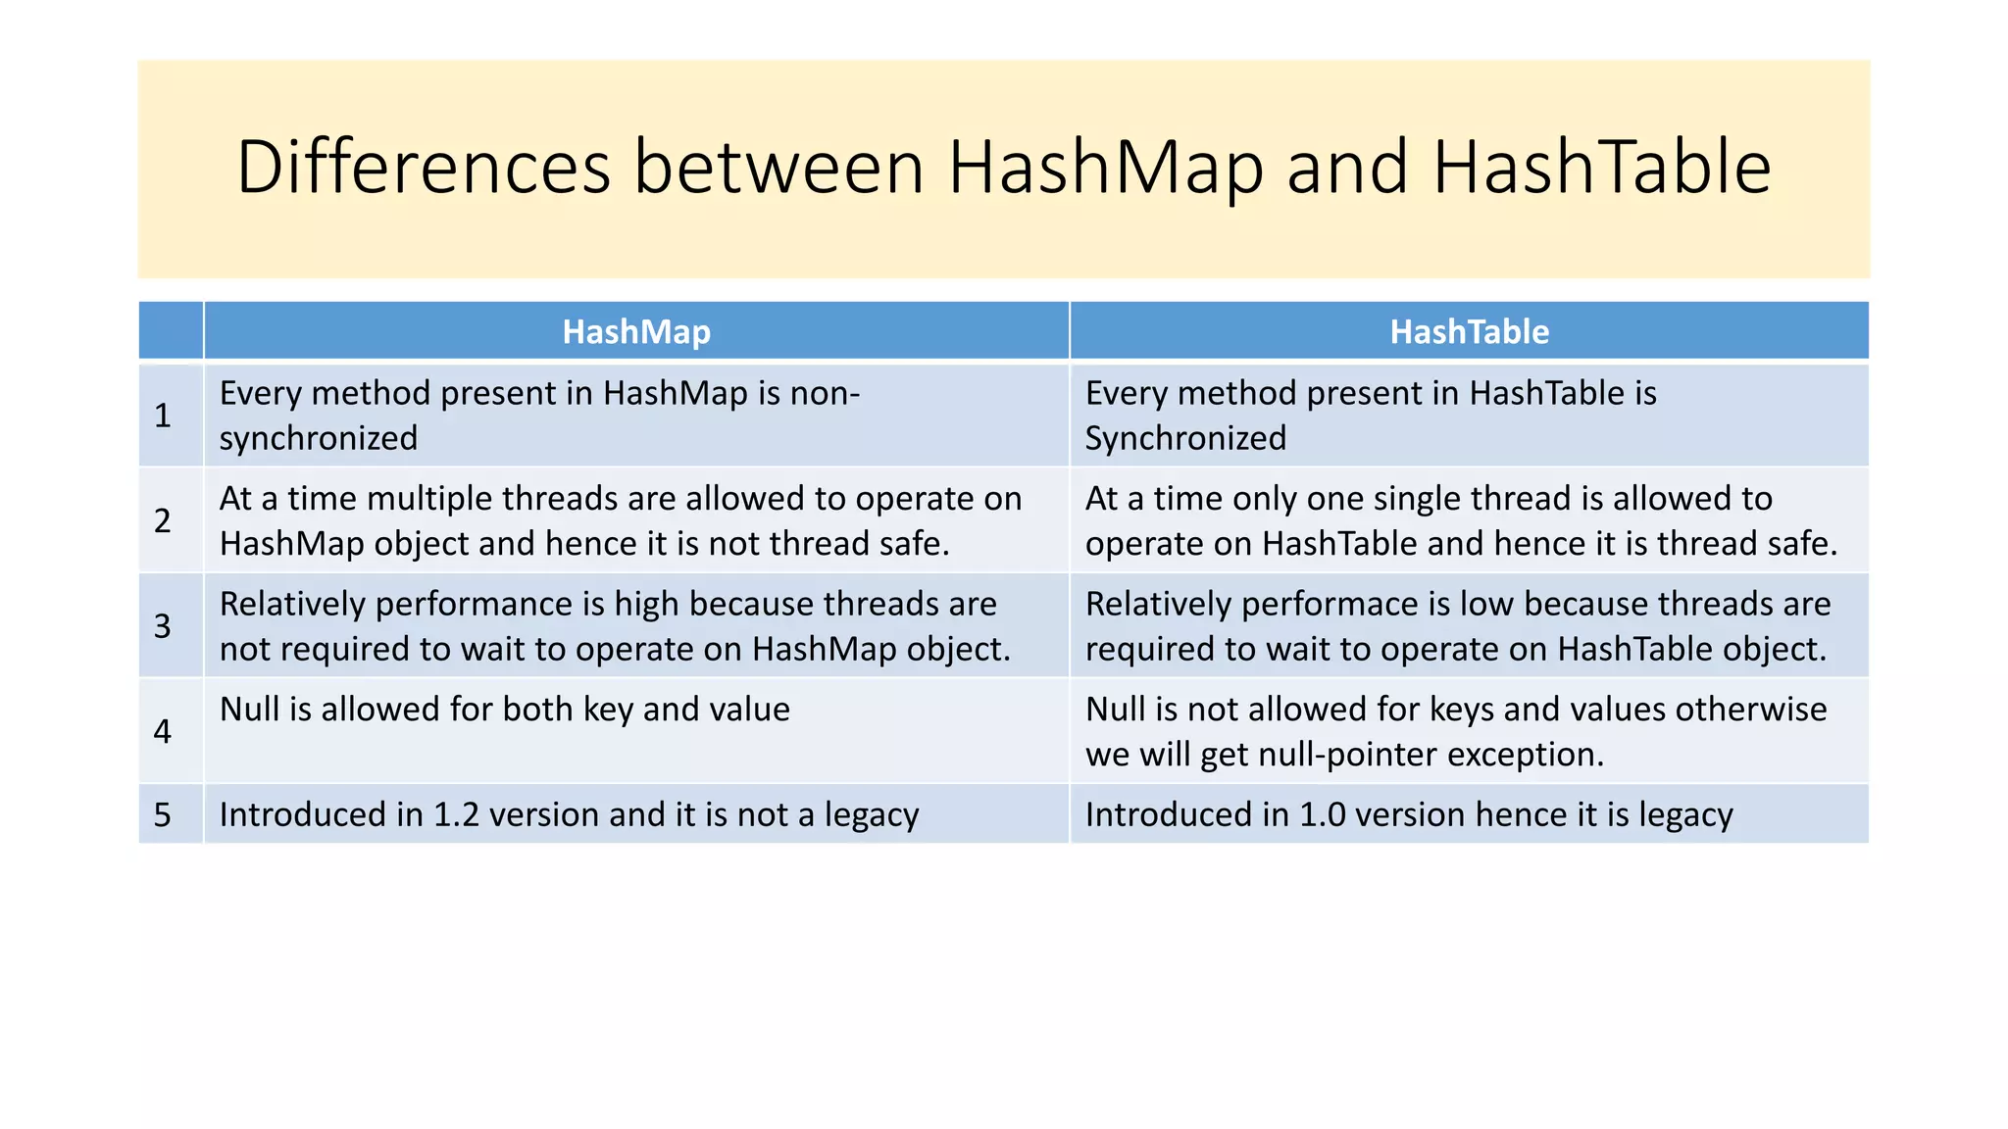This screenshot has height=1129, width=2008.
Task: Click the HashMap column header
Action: tap(636, 332)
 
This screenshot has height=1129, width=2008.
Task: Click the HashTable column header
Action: tap(1469, 332)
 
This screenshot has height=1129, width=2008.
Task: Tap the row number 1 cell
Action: tap(163, 416)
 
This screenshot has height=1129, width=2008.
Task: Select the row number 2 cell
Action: tap(163, 520)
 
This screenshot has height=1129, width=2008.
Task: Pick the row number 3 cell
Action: tap(163, 626)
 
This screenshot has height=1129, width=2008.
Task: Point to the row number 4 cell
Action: tap(163, 731)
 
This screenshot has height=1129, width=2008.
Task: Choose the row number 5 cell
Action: tap(163, 814)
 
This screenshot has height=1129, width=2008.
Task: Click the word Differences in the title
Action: tap(424, 167)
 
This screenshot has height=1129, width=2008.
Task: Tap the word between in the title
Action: tap(778, 167)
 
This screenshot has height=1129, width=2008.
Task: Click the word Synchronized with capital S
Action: tap(1184, 438)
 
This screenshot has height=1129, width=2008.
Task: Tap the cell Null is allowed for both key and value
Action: tap(504, 710)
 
